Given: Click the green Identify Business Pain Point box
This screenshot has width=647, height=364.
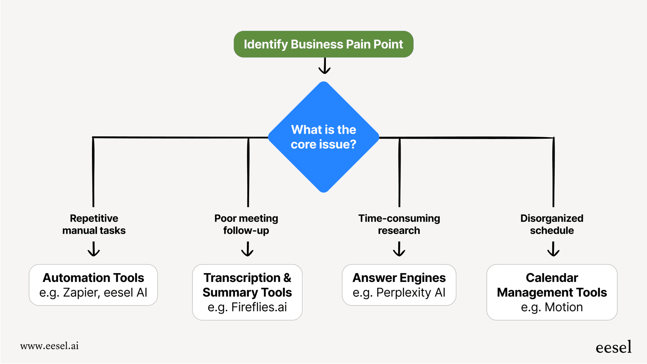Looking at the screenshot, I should pyautogui.click(x=323, y=44).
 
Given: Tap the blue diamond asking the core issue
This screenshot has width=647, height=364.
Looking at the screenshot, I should pyautogui.click(x=323, y=137).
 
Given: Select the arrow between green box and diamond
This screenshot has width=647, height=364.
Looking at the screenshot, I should pyautogui.click(x=324, y=66).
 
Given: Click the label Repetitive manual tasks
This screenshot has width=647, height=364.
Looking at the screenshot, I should pyautogui.click(x=94, y=224).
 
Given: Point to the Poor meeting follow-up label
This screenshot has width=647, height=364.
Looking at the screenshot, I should pyautogui.click(x=246, y=224).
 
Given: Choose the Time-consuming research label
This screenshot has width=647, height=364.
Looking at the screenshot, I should pyautogui.click(x=399, y=224).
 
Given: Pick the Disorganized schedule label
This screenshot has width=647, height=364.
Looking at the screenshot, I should pyautogui.click(x=551, y=224).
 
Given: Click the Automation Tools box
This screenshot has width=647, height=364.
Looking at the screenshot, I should pyautogui.click(x=93, y=285).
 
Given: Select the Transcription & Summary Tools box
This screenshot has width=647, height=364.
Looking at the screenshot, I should pyautogui.click(x=247, y=292).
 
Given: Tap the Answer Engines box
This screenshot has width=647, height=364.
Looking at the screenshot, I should pyautogui.click(x=399, y=285).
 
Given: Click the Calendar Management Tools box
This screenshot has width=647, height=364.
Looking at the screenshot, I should pyautogui.click(x=551, y=292).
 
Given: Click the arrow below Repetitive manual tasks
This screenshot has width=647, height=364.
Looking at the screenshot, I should pyautogui.click(x=94, y=249).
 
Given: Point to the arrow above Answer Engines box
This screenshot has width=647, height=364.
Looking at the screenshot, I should pyautogui.click(x=399, y=249).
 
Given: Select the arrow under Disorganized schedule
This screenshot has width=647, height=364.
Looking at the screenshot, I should pyautogui.click(x=553, y=249).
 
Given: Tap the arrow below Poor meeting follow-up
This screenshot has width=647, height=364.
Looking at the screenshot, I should pyautogui.click(x=247, y=249).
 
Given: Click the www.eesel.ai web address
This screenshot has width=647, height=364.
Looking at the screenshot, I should pyautogui.click(x=49, y=346).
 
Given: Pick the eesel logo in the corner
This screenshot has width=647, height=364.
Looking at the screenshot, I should pyautogui.click(x=613, y=347).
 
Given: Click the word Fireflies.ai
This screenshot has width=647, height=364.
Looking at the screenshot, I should pyautogui.click(x=259, y=307).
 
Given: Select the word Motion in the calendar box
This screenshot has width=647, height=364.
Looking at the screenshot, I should pyautogui.click(x=563, y=307).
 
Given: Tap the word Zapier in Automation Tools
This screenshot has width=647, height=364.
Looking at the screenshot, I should pyautogui.click(x=81, y=293).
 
